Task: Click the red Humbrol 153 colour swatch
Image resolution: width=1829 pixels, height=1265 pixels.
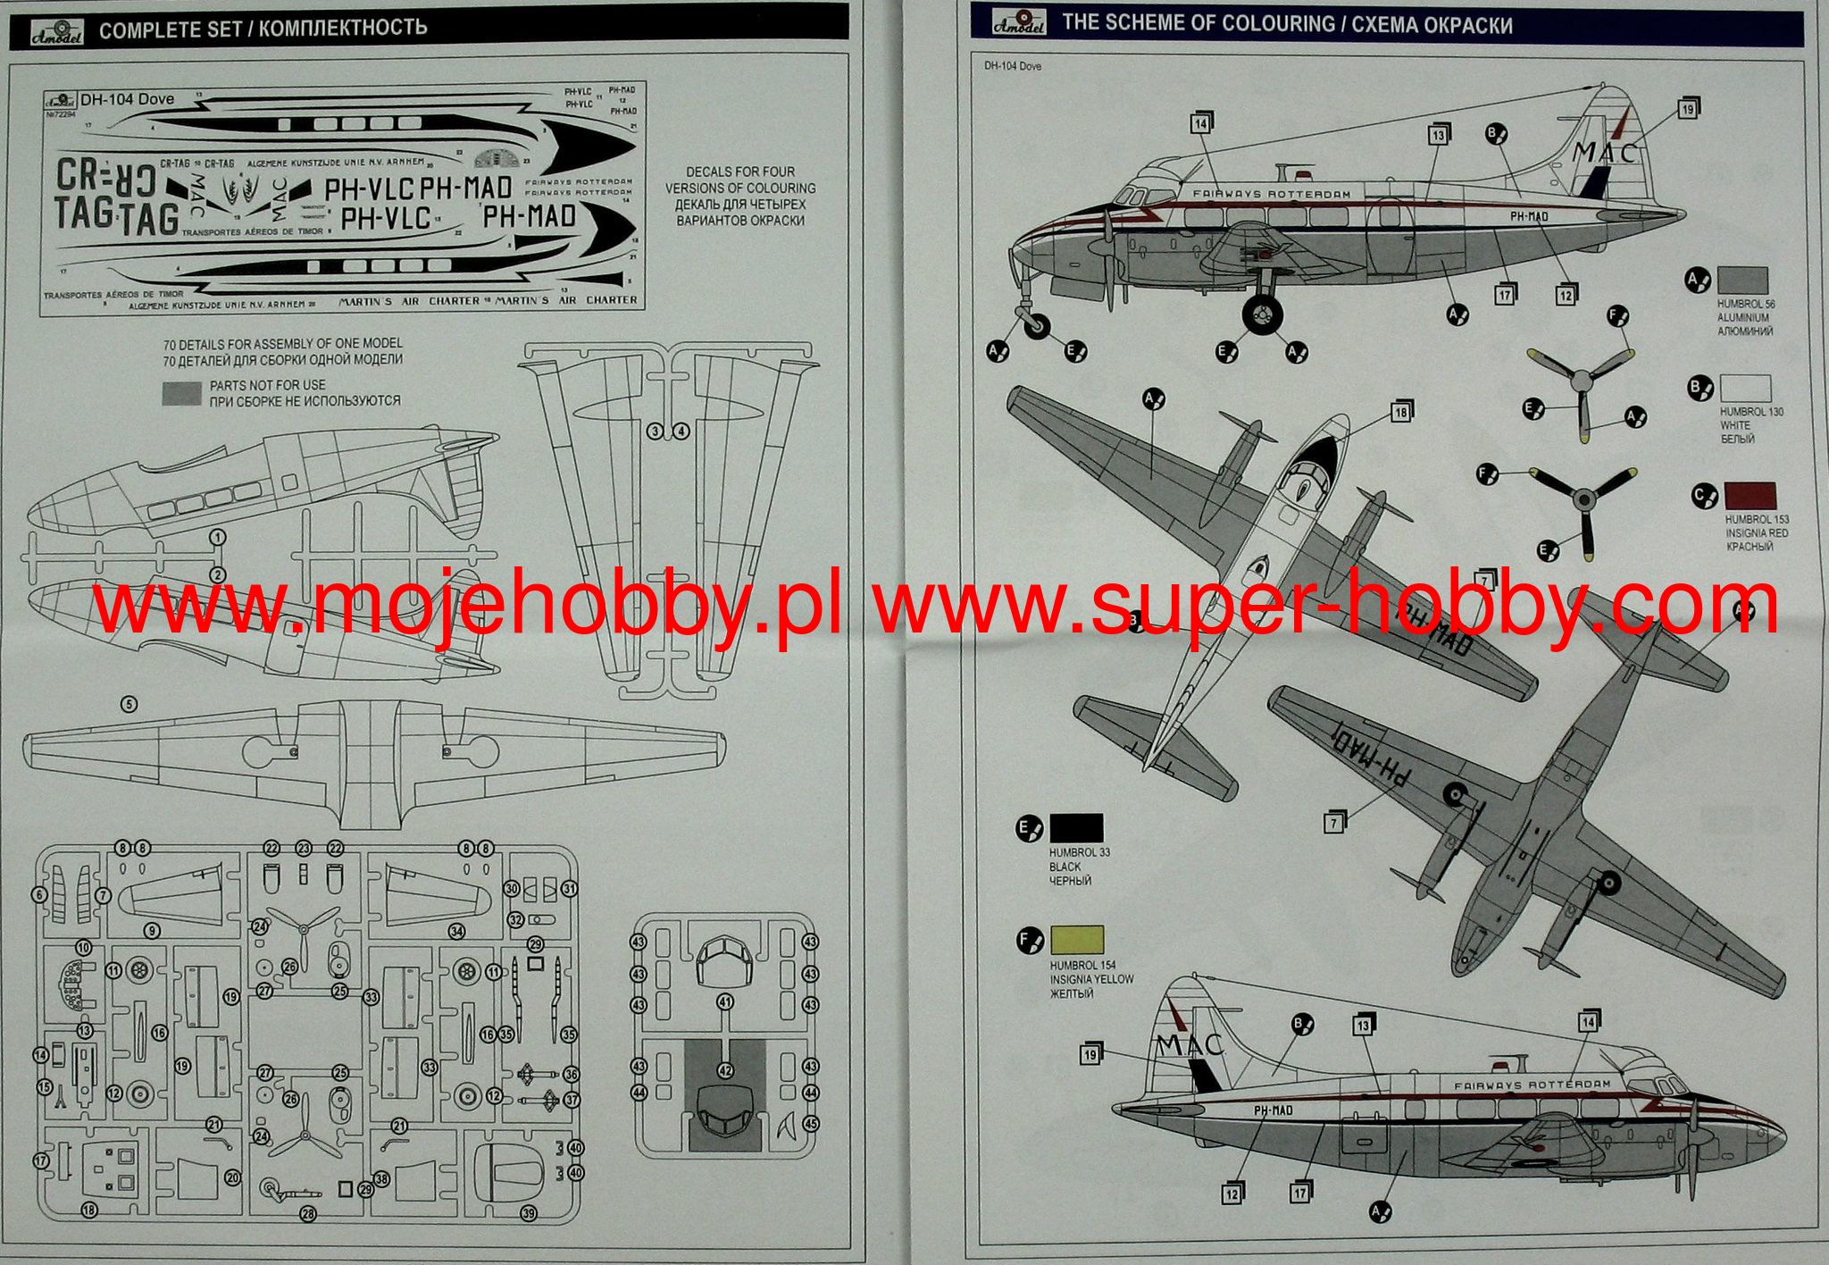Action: point(1750,496)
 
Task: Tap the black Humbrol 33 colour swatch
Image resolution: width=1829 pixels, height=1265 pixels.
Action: point(1076,828)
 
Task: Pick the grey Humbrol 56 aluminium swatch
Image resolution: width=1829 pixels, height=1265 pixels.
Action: point(1742,281)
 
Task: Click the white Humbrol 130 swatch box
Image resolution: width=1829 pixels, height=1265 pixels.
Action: point(1745,389)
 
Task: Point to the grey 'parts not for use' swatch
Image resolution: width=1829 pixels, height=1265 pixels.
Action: point(181,393)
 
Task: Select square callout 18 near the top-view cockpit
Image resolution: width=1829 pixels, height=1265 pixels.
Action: point(1399,413)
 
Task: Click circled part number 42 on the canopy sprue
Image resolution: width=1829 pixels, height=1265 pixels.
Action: point(725,1070)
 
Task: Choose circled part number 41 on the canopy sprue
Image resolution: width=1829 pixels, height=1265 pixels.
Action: point(725,1002)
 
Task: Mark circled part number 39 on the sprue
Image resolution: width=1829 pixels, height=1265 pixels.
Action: point(529,1212)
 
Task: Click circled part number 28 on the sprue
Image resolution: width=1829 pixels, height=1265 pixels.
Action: point(308,1214)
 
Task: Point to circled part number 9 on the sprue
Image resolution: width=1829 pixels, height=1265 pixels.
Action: point(154,931)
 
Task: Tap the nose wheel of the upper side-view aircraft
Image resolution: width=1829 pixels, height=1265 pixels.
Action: point(1037,325)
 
